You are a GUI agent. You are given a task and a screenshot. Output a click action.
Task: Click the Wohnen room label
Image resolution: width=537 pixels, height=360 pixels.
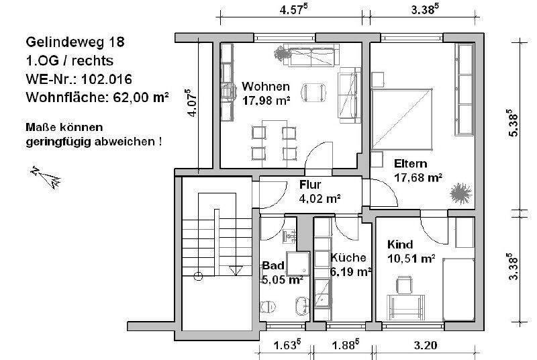point(266,87)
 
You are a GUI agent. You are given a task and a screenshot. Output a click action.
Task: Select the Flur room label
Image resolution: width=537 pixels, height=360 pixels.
point(310,185)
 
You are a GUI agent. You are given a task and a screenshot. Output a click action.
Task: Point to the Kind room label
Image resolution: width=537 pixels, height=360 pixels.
point(400,244)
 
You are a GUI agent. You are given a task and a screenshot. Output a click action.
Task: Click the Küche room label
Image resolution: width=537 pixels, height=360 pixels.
point(348,257)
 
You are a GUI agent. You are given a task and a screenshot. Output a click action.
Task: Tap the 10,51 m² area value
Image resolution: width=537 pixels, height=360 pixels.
point(411,257)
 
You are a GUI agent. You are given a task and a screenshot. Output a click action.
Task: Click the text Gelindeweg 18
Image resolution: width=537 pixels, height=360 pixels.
point(75,41)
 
